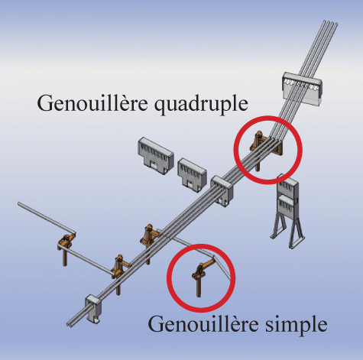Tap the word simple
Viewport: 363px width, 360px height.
(x=297, y=325)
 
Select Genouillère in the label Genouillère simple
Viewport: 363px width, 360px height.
(x=203, y=323)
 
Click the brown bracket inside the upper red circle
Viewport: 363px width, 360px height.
(x=265, y=148)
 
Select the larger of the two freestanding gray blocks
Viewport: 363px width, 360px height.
(x=155, y=155)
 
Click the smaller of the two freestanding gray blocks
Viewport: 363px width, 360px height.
(x=192, y=174)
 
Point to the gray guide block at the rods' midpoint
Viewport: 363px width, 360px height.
(x=222, y=190)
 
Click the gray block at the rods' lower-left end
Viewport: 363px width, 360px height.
(x=94, y=309)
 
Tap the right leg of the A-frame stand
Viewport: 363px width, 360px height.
(x=296, y=232)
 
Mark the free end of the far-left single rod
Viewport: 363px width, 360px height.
(x=19, y=204)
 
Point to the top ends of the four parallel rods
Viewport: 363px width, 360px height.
(x=330, y=22)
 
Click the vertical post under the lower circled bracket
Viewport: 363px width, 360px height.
(x=199, y=287)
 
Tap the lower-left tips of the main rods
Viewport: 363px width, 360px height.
(x=70, y=323)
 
